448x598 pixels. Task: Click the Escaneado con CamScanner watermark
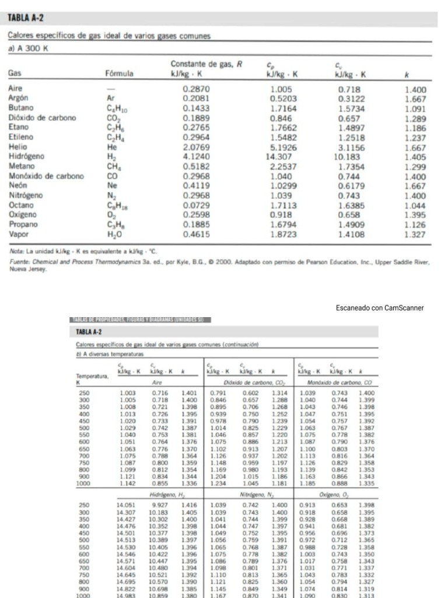point(380,308)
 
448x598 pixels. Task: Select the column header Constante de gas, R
point(206,64)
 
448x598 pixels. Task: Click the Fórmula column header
point(119,74)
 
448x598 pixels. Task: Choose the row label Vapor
point(19,234)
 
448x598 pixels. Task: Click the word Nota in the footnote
point(17,249)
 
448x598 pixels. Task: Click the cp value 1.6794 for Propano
point(282,224)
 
